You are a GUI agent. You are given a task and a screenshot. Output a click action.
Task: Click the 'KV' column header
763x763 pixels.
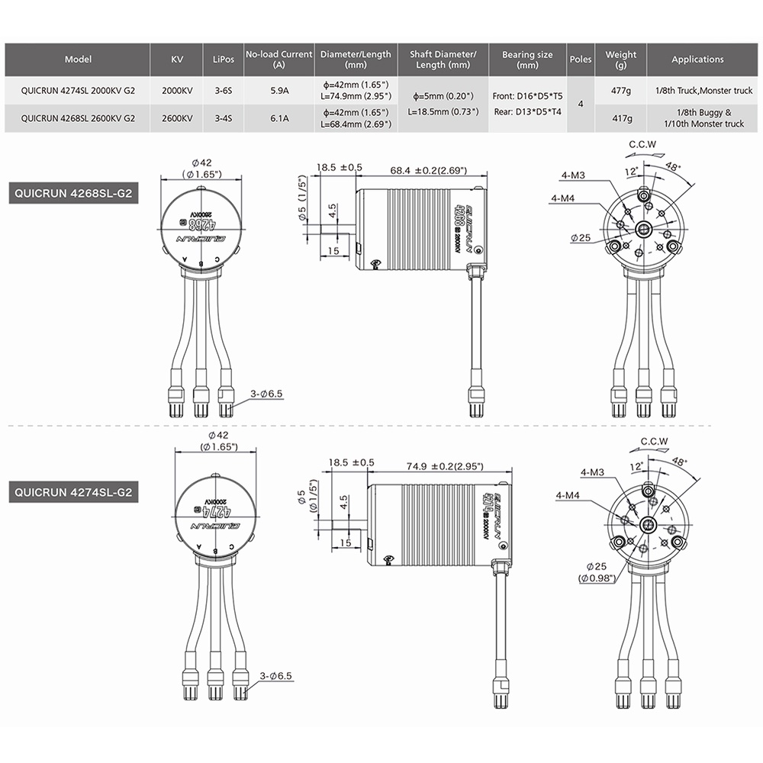tap(177, 60)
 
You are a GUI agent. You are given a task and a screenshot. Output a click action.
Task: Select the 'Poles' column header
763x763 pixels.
tap(581, 60)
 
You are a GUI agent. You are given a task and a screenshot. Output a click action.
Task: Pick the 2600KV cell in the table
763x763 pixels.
tap(177, 118)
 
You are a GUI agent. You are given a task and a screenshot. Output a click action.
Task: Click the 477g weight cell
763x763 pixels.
tap(621, 91)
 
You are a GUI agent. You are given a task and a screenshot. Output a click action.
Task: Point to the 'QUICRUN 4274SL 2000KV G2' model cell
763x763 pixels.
tap(79, 91)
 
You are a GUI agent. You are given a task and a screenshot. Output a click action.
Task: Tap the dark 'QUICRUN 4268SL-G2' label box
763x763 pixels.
tap(72, 194)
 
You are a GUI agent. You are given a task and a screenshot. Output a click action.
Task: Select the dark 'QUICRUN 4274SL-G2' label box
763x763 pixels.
tap(72, 492)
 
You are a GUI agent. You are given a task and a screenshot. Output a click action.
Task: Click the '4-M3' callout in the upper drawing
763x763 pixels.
tap(572, 176)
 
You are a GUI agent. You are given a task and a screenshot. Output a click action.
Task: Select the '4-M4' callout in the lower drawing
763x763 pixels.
tap(568, 496)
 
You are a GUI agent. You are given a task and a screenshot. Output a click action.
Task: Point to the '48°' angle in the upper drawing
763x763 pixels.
tap(674, 166)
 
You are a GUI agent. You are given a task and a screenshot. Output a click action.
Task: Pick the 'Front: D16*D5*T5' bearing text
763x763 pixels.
tap(526, 97)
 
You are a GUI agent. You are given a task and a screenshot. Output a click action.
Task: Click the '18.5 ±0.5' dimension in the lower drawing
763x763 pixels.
tap(351, 462)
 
